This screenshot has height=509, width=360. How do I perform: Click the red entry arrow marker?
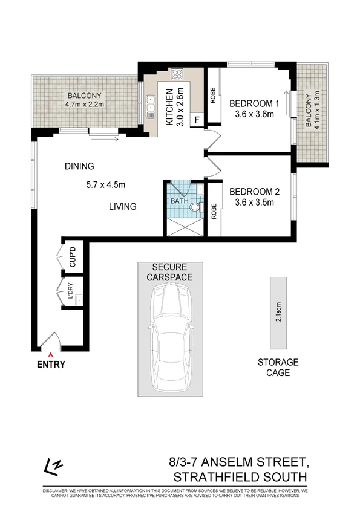pos(51,354)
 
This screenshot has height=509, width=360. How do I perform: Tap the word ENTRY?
pos(51,365)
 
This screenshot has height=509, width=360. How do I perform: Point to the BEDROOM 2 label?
pos(254,193)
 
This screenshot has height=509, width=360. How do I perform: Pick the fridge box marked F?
pos(197,120)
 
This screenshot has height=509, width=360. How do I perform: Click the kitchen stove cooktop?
pos(178,76)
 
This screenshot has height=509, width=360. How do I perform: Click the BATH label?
pos(179,201)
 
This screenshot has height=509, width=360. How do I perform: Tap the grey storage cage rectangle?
pos(278,313)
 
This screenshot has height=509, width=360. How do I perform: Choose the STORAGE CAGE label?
pos(278,368)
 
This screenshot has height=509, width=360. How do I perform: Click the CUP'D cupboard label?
pos(73,258)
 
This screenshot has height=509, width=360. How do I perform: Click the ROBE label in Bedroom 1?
pos(214,96)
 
